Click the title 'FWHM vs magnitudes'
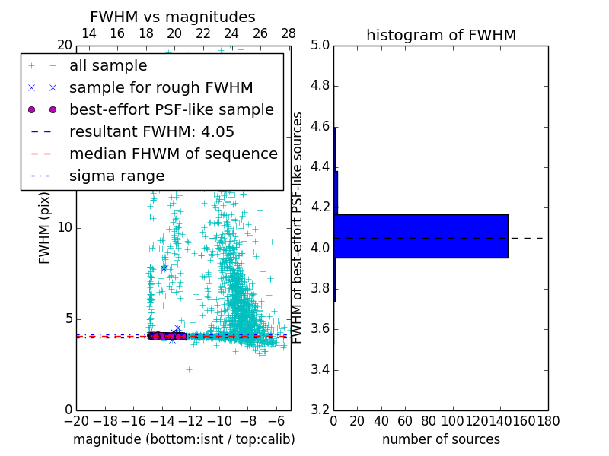click(x=173, y=17)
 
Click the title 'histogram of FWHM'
click(x=441, y=35)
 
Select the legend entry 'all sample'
click(x=108, y=66)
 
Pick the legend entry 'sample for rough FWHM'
click(x=161, y=88)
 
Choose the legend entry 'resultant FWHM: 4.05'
click(x=151, y=132)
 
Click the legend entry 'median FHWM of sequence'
click(x=173, y=154)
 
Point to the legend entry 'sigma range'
click(x=116, y=176)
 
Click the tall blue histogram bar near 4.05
click(x=421, y=236)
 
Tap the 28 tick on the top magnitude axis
click(x=289, y=33)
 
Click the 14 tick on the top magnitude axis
click(x=88, y=33)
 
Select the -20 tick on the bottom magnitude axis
click(x=76, y=421)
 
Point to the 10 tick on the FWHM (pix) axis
click(x=64, y=228)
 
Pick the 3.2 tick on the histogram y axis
click(x=320, y=410)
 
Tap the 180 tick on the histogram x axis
click(x=547, y=421)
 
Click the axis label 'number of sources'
click(x=441, y=439)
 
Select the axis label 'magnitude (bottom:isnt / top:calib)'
click(x=183, y=439)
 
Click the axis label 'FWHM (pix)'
click(x=45, y=228)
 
